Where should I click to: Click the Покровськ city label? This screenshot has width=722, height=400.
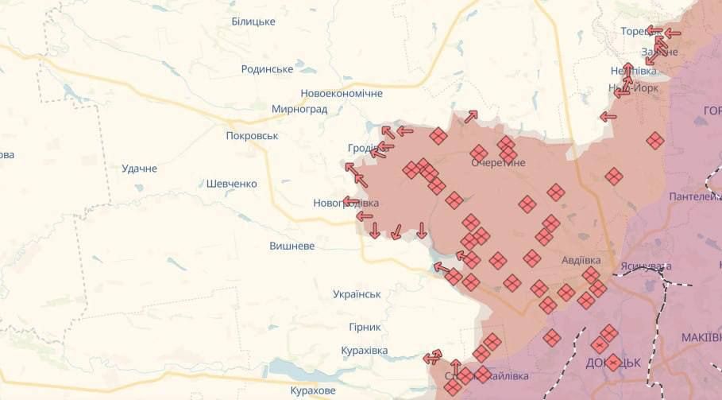click(x=252, y=136)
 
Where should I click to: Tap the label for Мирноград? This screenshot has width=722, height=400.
click(x=299, y=109)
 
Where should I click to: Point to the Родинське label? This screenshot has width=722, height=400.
click(x=267, y=69)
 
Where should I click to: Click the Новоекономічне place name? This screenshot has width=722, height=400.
click(x=342, y=93)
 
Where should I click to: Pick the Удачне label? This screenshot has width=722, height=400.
click(x=139, y=169)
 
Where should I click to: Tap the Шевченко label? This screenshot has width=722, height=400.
click(x=231, y=184)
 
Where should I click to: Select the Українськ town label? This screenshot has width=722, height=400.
click(x=357, y=294)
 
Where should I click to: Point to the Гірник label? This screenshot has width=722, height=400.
click(x=365, y=327)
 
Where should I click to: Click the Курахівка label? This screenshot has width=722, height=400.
click(x=364, y=351)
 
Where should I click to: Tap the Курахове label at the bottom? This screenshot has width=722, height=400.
click(x=312, y=390)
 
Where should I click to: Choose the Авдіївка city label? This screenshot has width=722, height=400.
click(x=581, y=260)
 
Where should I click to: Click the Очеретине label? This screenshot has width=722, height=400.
click(x=498, y=162)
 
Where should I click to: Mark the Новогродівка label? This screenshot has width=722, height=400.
click(x=346, y=204)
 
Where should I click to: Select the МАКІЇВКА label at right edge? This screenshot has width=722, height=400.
click(x=701, y=338)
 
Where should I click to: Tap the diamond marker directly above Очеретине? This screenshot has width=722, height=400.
click(x=479, y=152)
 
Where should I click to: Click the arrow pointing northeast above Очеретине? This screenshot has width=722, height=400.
click(x=471, y=117)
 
